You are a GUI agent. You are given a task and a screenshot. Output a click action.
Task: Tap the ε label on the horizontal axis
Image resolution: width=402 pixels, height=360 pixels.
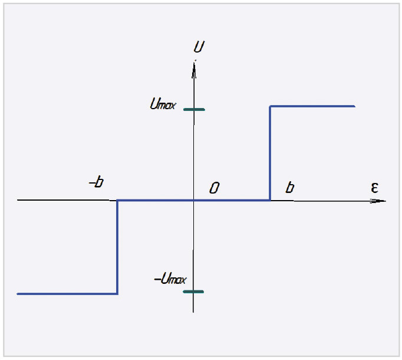tap(374, 188)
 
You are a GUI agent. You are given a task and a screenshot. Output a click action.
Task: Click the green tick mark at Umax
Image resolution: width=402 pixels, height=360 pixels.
tap(194, 110)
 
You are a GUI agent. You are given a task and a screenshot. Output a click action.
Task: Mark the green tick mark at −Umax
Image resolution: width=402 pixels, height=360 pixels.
tap(193, 292)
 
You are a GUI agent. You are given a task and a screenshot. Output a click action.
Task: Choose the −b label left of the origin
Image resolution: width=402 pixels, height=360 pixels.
tap(96, 183)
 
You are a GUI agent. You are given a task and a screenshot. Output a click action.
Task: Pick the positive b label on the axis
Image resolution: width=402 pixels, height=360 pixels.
tap(289, 188)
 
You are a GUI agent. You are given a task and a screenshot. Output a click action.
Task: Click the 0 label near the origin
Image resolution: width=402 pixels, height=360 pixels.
tap(215, 188)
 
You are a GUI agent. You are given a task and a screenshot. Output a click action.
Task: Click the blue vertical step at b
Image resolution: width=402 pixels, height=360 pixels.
tap(270, 153)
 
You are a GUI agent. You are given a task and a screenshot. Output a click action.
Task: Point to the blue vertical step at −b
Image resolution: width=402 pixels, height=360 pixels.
tap(117, 247)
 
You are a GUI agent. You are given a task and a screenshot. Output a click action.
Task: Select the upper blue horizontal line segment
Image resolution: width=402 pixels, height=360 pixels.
tap(312, 106)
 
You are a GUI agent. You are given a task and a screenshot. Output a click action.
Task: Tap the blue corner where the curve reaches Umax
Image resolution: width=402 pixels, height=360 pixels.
tap(270, 106)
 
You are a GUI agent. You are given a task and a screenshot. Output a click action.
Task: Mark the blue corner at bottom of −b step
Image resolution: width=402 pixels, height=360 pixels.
tap(117, 293)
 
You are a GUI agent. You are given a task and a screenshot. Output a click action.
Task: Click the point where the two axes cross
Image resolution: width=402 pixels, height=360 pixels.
tap(194, 201)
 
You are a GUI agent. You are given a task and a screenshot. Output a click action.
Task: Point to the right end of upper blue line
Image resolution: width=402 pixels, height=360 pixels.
tap(354, 106)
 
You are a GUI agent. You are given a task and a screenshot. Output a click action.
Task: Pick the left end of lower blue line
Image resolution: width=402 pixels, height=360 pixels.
tap(18, 293)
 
